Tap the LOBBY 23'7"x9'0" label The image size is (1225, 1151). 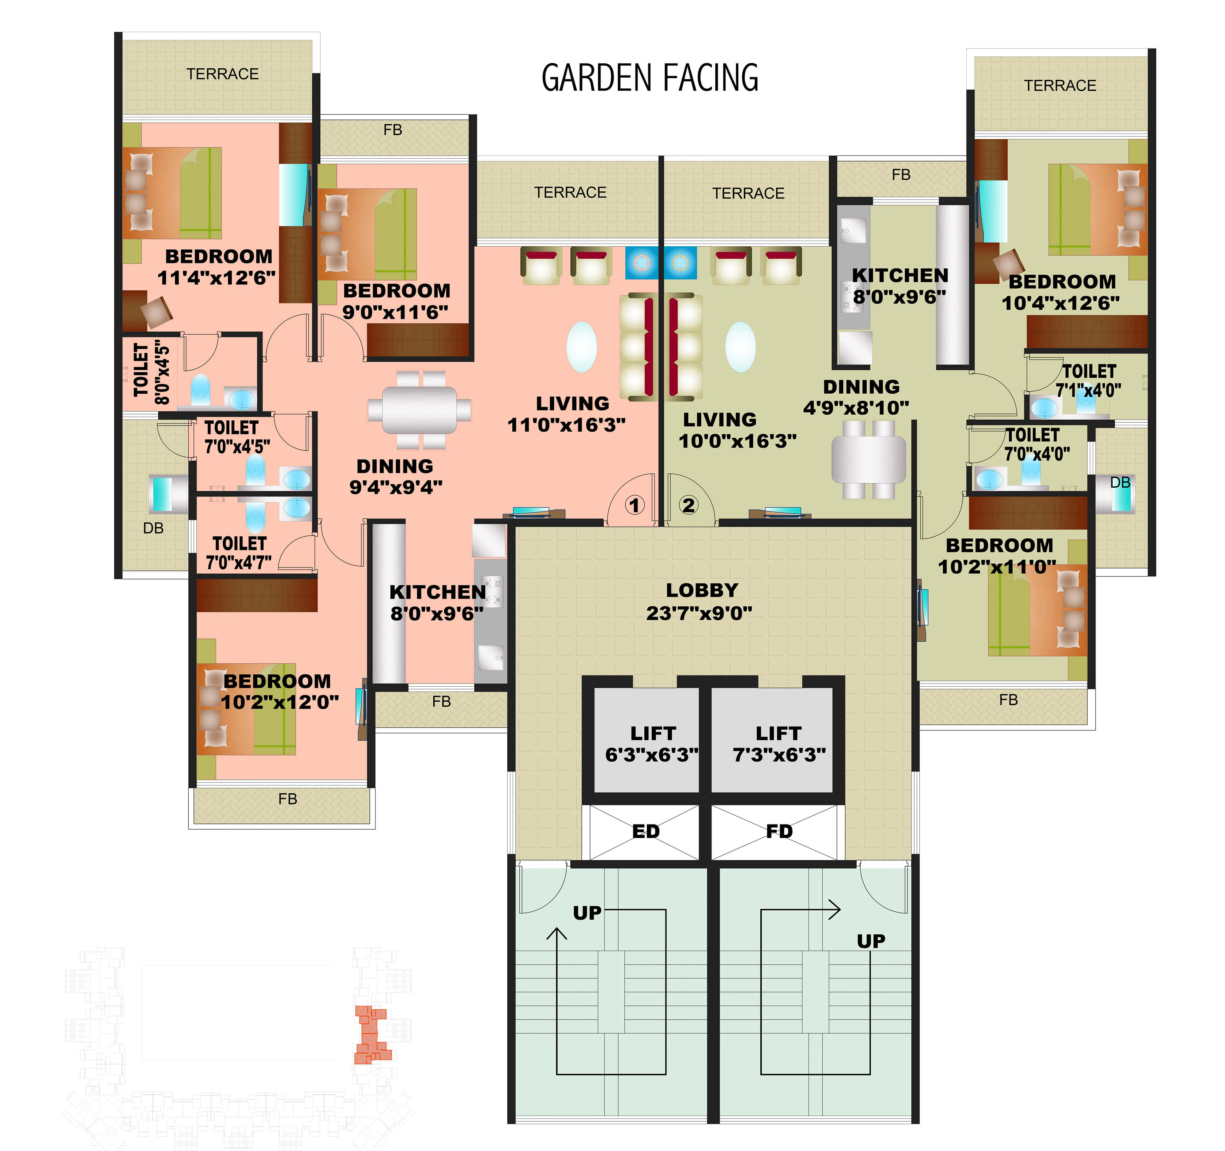(700, 601)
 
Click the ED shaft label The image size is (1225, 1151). (646, 832)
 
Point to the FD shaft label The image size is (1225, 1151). (779, 832)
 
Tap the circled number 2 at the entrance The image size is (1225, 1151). (688, 505)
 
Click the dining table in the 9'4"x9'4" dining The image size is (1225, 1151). (420, 410)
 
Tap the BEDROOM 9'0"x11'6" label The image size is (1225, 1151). (396, 301)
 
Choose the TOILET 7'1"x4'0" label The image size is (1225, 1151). (1088, 381)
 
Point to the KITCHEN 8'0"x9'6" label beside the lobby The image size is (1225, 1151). (438, 603)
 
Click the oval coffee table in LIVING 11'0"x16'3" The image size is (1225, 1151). (581, 347)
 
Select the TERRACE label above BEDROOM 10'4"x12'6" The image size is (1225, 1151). (1060, 86)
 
